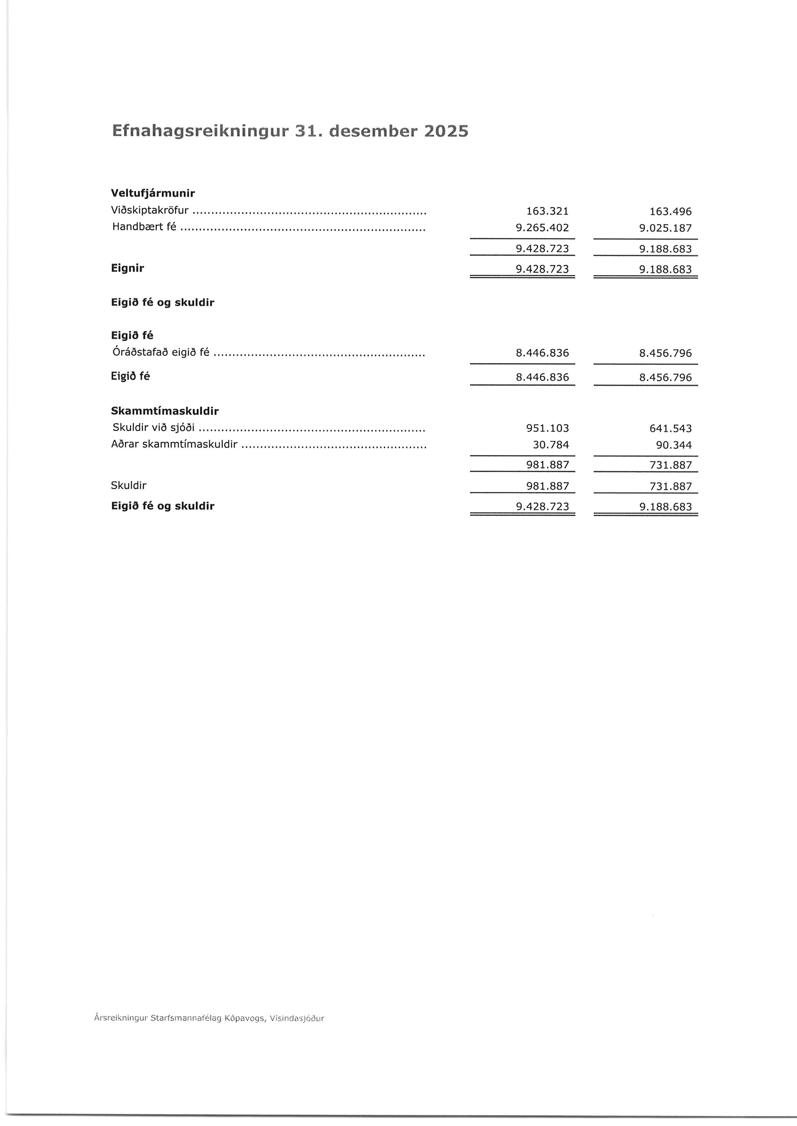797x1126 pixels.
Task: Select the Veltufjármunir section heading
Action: coord(153,193)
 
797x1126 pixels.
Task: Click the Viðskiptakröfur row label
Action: coord(150,211)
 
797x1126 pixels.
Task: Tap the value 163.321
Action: coord(547,211)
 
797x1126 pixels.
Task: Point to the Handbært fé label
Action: coord(144,227)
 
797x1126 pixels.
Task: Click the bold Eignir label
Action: coord(128,268)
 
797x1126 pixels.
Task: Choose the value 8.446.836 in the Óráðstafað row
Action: coord(542,353)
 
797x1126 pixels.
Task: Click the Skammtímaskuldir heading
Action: coord(165,411)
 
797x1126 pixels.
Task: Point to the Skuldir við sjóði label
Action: coord(153,428)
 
